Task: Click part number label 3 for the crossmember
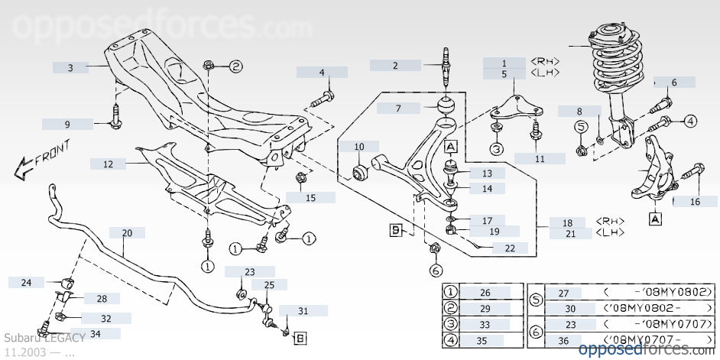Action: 70,67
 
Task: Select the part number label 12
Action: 109,164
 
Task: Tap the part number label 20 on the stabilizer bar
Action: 127,233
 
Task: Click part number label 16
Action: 695,202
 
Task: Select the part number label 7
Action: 398,109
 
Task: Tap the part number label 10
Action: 359,146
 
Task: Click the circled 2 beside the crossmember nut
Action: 235,66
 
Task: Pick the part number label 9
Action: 66,124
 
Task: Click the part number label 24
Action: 27,283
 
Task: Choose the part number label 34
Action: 96,333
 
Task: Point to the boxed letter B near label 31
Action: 300,336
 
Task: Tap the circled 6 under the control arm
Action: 436,270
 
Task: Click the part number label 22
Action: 510,248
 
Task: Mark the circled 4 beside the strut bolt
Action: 690,121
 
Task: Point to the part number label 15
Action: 310,198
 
